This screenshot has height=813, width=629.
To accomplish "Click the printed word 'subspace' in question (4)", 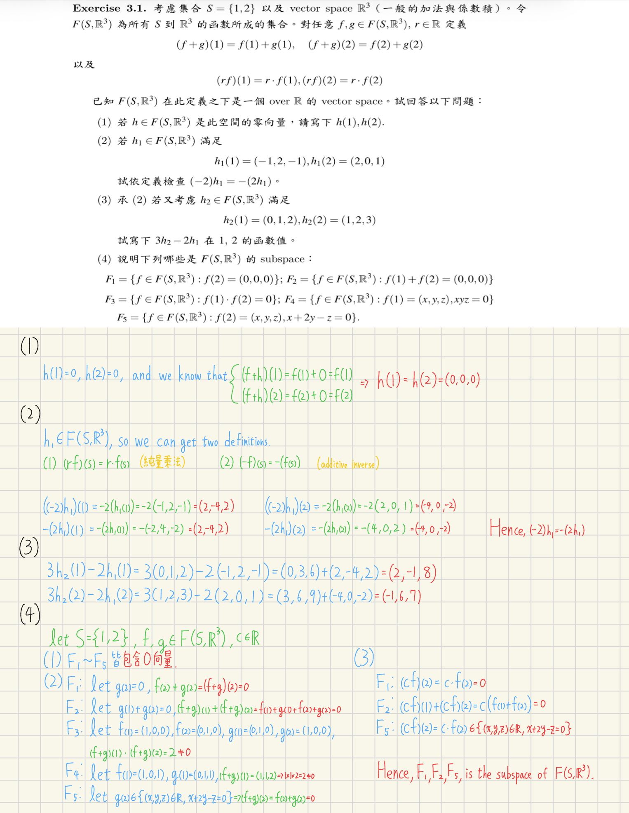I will [282, 259].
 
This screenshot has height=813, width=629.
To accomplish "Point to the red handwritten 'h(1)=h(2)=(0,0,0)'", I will [429, 380].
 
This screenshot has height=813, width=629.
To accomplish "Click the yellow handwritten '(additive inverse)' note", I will [348, 464].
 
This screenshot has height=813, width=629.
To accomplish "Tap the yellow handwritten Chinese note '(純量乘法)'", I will [162, 462].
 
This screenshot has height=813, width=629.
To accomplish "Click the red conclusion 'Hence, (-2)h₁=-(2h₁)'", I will [537, 529].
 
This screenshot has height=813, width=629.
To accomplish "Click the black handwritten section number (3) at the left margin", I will [29, 547].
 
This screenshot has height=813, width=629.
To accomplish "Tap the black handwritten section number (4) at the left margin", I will [30, 614].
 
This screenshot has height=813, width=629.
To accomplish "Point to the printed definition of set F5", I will [238, 318].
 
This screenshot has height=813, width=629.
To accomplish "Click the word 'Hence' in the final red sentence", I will [394, 771].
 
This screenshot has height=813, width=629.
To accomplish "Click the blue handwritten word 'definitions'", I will [247, 442].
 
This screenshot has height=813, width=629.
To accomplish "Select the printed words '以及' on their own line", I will [84, 64].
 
